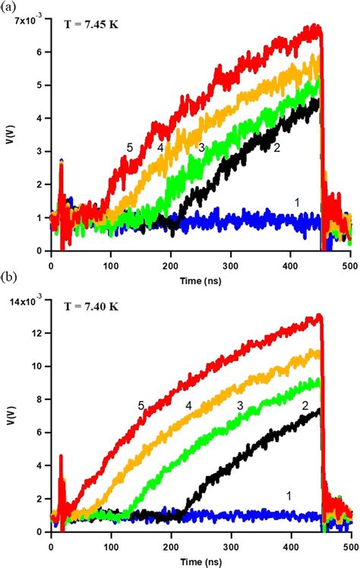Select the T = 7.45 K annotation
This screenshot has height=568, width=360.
tap(90, 33)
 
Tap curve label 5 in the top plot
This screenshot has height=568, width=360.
tap(130, 147)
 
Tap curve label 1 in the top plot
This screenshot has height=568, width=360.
tap(297, 202)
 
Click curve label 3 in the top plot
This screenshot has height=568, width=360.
tap(201, 147)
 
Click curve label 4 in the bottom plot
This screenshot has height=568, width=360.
tap(188, 405)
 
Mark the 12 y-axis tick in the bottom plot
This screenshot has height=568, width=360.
tap(36, 333)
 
